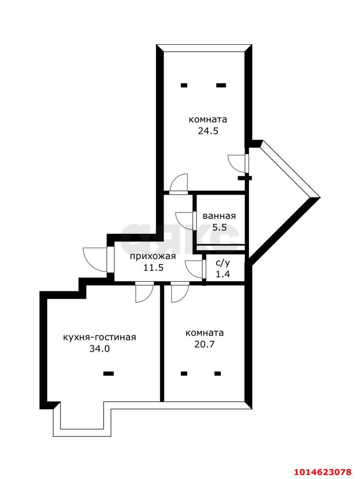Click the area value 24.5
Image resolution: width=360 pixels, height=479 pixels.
[208, 131]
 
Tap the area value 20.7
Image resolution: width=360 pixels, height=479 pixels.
[204, 344]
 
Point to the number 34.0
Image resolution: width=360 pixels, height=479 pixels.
[100, 349]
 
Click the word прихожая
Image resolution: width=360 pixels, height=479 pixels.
[153, 256]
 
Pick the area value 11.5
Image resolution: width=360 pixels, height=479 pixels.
[153, 268]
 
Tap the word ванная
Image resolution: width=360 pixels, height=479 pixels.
[219, 216]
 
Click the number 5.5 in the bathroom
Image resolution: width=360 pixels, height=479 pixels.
[219, 228]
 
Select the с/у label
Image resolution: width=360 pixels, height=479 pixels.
[223, 263]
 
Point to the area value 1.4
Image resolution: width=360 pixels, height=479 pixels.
[223, 274]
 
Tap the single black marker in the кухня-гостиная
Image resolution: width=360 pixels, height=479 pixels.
[109, 373]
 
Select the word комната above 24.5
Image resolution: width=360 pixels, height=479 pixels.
[208, 120]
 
